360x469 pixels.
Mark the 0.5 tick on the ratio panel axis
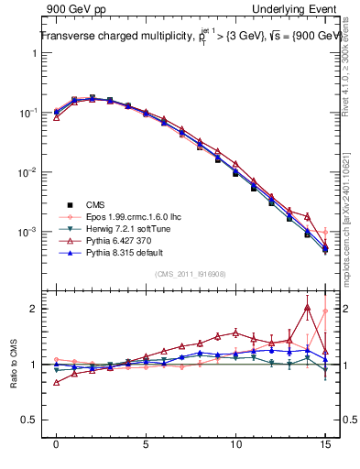pyautogui.click(x=29, y=420)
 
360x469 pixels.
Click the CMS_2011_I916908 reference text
pyautogui.click(x=190, y=273)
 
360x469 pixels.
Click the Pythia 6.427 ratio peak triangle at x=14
pyautogui.click(x=307, y=308)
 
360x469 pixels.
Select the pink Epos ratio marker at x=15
pyautogui.click(x=325, y=311)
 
